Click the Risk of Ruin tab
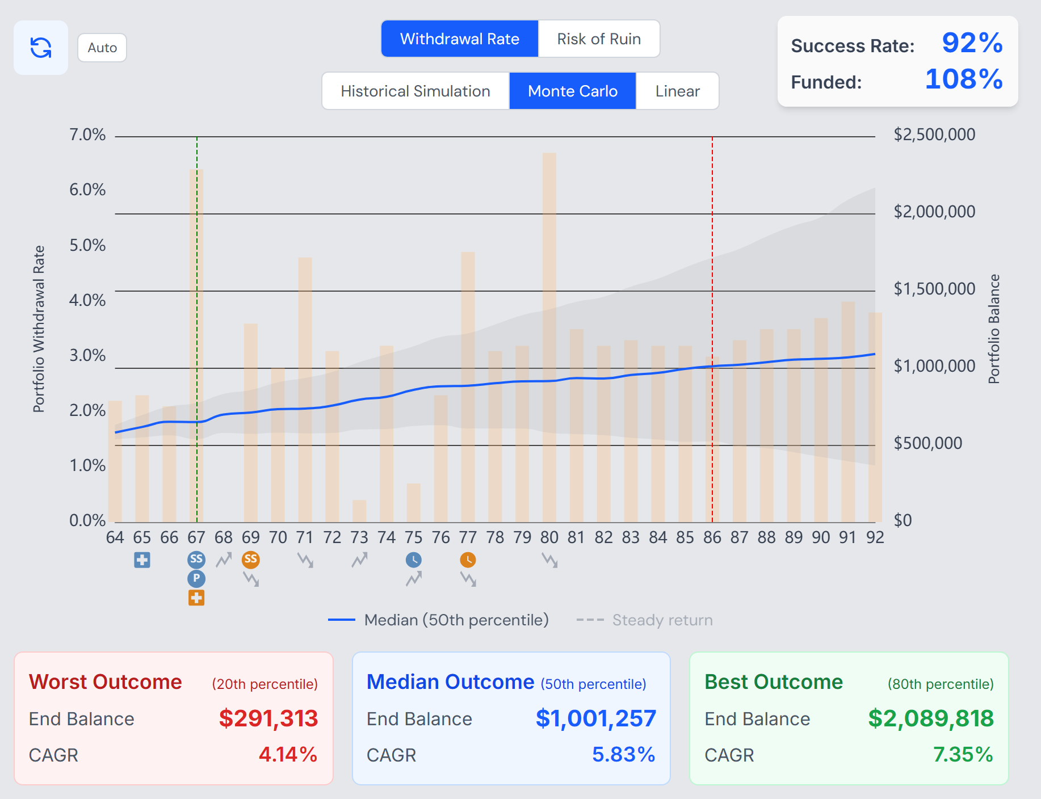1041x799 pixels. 599,39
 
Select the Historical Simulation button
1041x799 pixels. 415,91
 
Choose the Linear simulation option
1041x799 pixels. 677,91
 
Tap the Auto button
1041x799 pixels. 102,48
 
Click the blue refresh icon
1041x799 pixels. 41,48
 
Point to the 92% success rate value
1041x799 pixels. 972,43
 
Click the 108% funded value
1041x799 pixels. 964,79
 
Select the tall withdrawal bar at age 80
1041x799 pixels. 549,338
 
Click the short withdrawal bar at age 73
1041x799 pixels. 359,511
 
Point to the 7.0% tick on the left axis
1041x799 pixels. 87,134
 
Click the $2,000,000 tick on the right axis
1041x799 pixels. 934,212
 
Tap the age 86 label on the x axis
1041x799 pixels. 712,537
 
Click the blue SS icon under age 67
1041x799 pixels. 196,560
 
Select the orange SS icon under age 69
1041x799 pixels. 251,560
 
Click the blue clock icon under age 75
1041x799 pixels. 414,560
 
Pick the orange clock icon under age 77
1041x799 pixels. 468,560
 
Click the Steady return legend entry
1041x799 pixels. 644,620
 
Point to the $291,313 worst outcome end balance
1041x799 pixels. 268,718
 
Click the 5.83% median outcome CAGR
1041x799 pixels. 624,755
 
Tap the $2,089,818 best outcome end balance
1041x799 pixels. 931,718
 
